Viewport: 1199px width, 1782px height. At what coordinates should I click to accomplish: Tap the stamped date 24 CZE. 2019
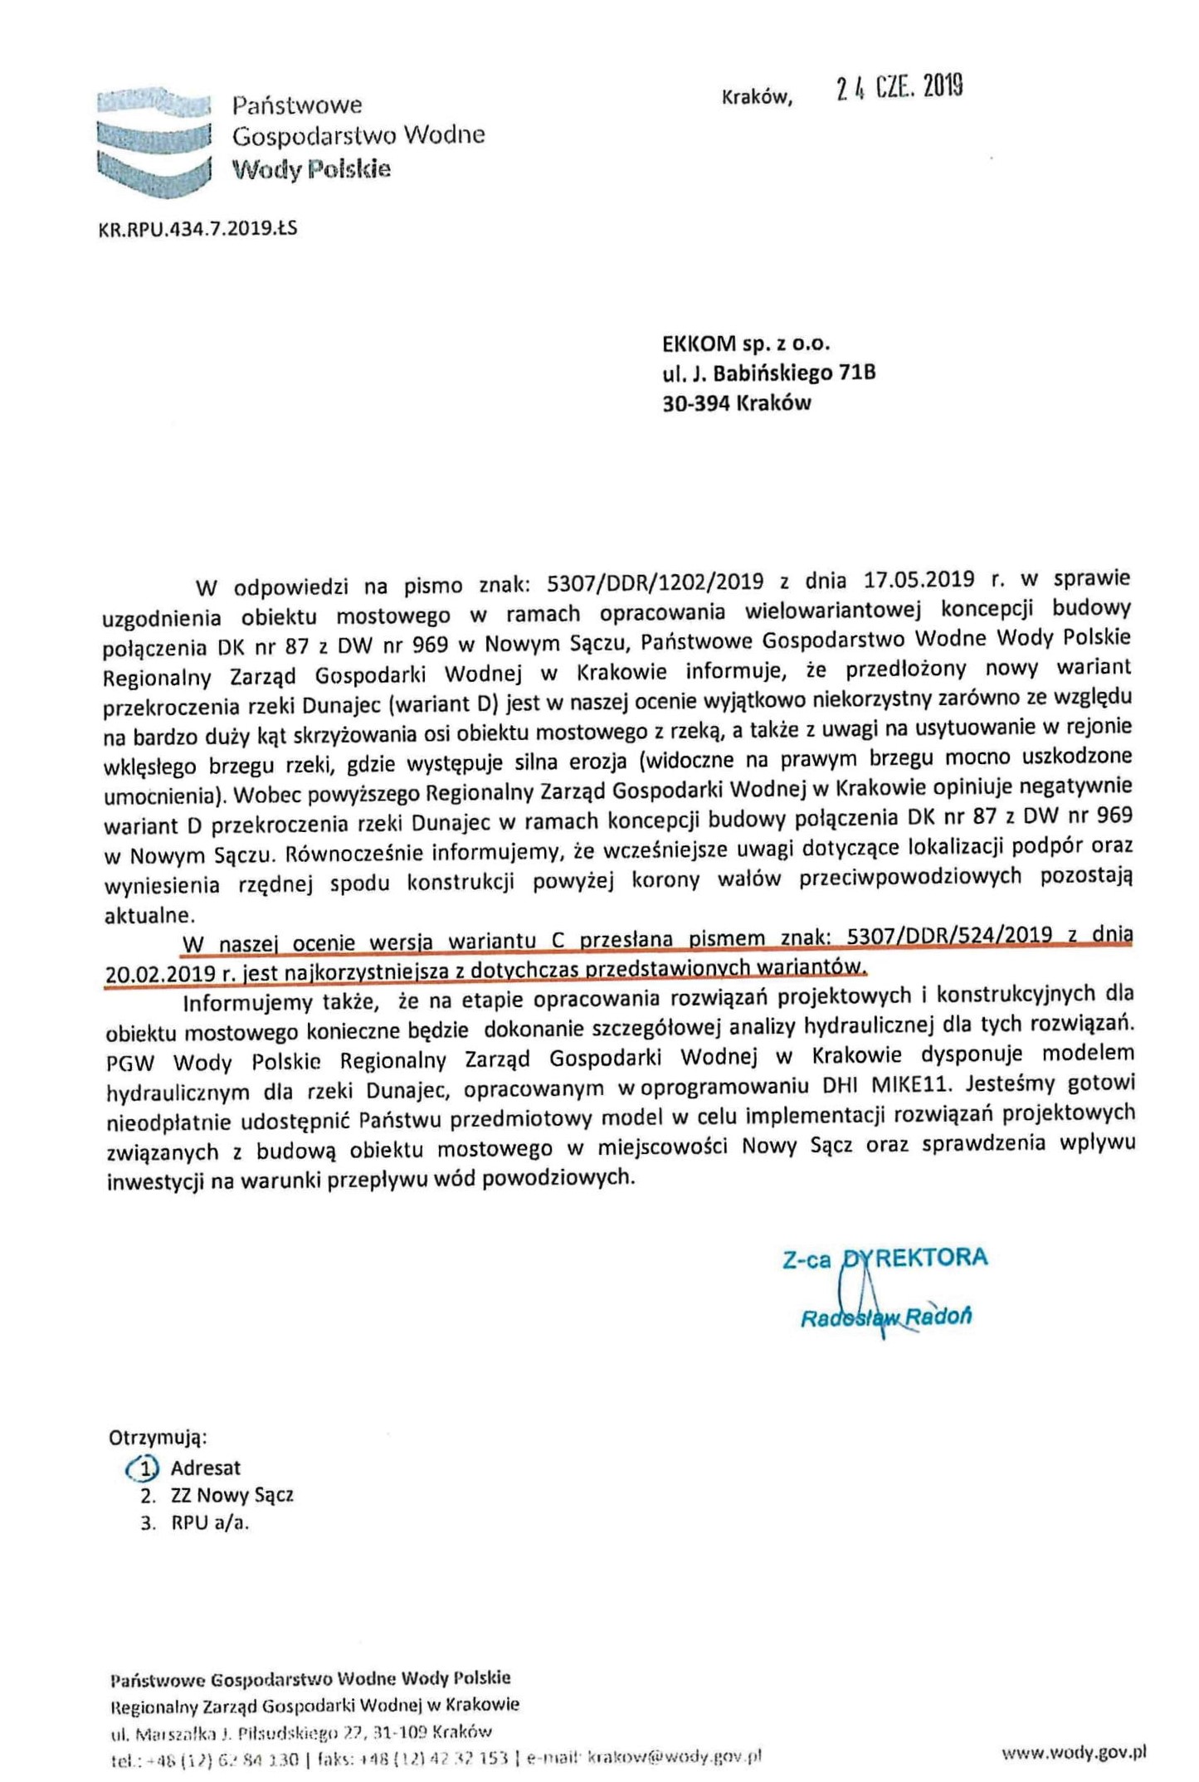(x=899, y=86)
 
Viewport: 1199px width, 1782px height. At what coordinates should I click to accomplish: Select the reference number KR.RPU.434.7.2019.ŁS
(x=197, y=227)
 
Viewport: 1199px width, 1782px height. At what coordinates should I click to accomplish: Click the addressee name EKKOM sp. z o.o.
(x=746, y=343)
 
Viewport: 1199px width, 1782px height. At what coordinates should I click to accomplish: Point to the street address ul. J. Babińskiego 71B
(x=768, y=372)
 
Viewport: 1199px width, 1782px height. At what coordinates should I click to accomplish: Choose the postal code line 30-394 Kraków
(x=736, y=403)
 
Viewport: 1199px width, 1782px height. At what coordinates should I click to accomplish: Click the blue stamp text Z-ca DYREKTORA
(x=885, y=1258)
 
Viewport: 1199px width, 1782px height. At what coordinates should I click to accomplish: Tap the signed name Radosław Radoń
(x=885, y=1317)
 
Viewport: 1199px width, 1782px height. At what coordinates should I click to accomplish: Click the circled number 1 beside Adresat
(x=143, y=1468)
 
